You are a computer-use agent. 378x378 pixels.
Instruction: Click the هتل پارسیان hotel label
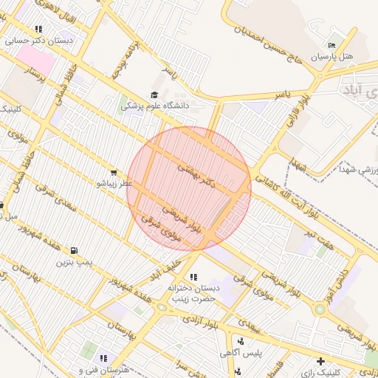click(331, 55)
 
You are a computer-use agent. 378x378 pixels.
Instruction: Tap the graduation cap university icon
click(154, 94)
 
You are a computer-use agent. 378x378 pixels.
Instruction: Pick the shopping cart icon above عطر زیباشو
click(113, 172)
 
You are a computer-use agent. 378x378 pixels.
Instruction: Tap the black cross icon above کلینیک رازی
click(320, 361)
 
